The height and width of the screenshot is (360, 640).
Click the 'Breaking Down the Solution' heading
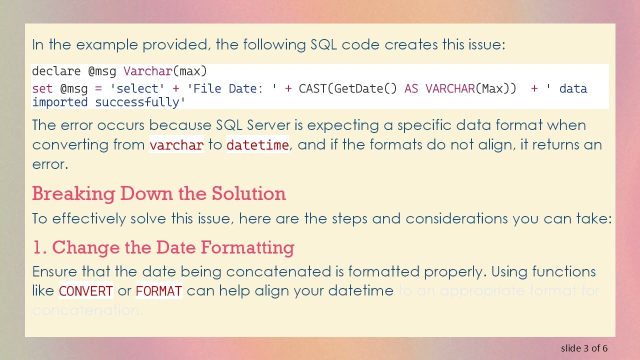[159, 193]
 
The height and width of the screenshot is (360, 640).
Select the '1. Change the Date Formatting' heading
[163, 247]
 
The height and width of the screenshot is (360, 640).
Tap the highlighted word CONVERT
[86, 291]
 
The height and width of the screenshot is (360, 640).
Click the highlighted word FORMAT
[158, 291]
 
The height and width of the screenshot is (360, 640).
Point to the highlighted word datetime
[257, 145]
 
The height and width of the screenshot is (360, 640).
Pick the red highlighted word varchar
[176, 145]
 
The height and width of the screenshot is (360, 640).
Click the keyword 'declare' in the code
[56, 71]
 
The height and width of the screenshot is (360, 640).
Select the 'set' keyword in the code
[42, 89]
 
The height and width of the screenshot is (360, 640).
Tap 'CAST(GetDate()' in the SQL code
[348, 89]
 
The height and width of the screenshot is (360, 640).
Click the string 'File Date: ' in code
[232, 89]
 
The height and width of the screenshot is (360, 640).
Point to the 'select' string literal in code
[137, 89]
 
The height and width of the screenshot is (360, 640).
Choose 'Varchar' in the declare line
[147, 71]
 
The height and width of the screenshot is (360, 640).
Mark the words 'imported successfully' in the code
[108, 102]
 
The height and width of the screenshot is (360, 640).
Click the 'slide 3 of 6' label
[584, 348]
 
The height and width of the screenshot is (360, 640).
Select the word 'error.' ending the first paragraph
[50, 164]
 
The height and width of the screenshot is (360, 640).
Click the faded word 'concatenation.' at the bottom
[87, 310]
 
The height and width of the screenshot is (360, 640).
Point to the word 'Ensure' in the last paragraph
[54, 271]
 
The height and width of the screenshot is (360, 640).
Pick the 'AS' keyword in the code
[411, 89]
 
